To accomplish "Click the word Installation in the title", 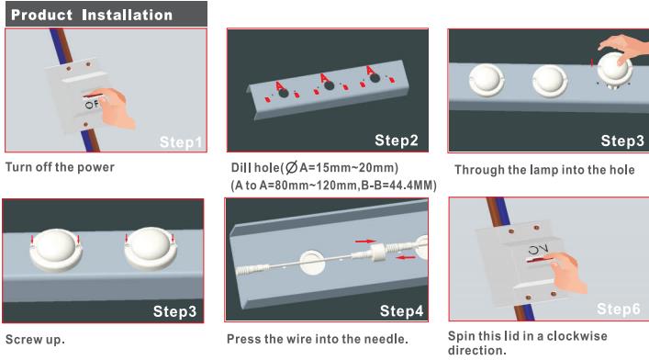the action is click(127, 15).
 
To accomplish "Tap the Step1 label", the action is click(181, 142).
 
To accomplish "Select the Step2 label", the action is click(397, 141).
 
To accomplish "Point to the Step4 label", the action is click(401, 310).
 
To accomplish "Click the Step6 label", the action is click(619, 309).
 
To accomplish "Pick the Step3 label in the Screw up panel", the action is click(174, 311).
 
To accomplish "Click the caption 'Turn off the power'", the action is click(60, 167).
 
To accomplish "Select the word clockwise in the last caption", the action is click(577, 336).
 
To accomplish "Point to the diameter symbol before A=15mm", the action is click(291, 168).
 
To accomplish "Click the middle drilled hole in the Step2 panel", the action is click(329, 85).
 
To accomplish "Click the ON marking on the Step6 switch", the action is click(539, 250).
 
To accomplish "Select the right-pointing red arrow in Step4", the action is click(365, 241).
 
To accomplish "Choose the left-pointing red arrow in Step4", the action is click(406, 258).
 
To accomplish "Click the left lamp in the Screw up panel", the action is click(55, 250).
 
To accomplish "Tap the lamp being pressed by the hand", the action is click(615, 68).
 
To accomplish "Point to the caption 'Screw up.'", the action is click(35, 340).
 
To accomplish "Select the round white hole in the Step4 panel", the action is click(313, 262).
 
